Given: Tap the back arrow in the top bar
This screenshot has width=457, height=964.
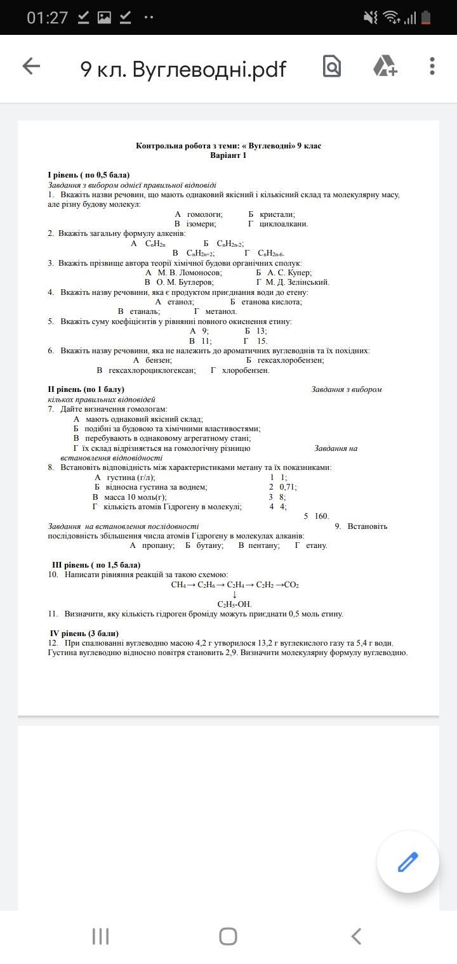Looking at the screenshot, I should pyautogui.click(x=31, y=66).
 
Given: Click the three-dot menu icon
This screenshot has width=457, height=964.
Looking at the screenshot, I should pyautogui.click(x=432, y=66).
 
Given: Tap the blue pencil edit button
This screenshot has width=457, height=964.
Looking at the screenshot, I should pyautogui.click(x=407, y=862).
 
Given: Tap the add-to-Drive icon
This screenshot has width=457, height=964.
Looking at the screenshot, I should pyautogui.click(x=384, y=66).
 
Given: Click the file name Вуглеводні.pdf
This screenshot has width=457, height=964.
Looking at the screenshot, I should pyautogui.click(x=183, y=68).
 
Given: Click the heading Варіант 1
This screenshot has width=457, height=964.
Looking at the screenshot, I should pyautogui.click(x=228, y=155).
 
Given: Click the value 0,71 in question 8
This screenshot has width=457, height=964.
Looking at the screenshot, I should pyautogui.click(x=288, y=487).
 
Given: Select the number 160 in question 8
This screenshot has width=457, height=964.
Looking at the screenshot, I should pyautogui.click(x=321, y=516).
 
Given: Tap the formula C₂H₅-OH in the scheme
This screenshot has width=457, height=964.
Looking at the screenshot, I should pyautogui.click(x=234, y=604).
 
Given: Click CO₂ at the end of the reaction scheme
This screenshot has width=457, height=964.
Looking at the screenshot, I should pyautogui.click(x=291, y=585).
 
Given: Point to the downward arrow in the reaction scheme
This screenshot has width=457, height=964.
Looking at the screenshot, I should pyautogui.click(x=235, y=595).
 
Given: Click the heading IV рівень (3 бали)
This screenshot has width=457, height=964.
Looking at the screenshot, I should pyautogui.click(x=84, y=634).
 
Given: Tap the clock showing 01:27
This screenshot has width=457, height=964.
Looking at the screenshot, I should pyautogui.click(x=47, y=18).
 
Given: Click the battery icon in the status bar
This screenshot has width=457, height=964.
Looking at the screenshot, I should pyautogui.click(x=426, y=18).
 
